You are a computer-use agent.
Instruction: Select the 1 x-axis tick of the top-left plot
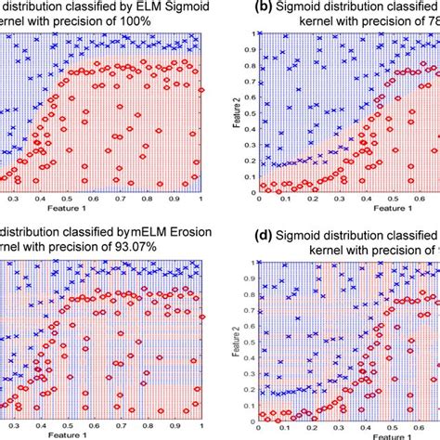coord(201,198)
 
